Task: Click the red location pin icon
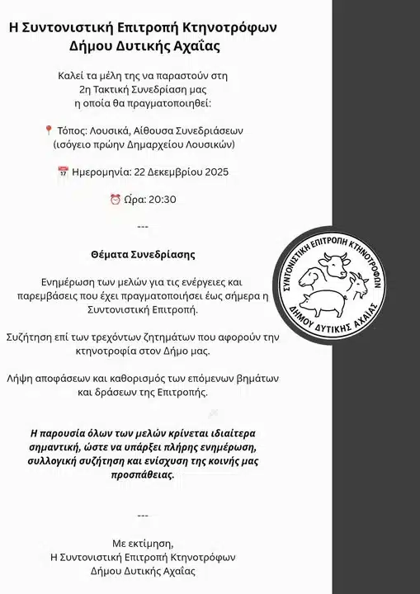pyautogui.click(x=48, y=130)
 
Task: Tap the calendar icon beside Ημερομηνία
pyautogui.click(x=63, y=172)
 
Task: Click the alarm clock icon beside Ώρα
pyautogui.click(x=115, y=200)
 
